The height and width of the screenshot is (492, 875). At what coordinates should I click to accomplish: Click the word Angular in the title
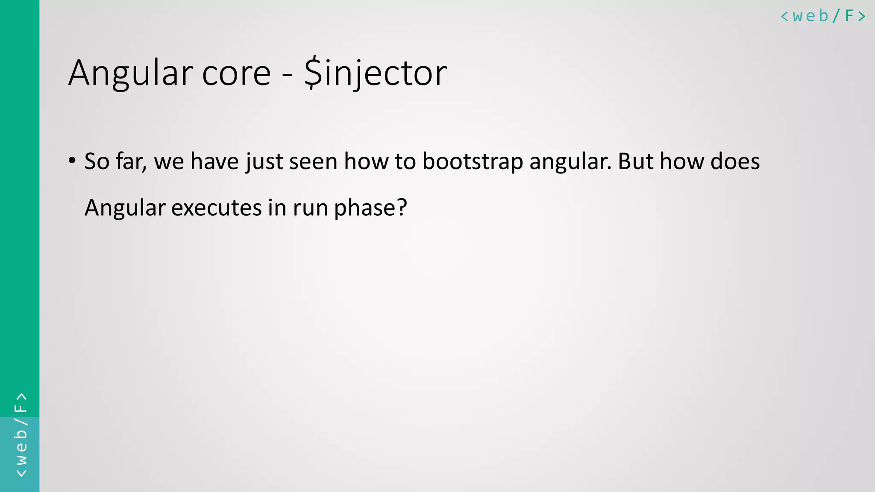click(131, 73)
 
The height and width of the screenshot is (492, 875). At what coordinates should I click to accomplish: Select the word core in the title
click(236, 73)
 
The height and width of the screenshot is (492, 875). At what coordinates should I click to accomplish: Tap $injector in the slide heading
click(376, 73)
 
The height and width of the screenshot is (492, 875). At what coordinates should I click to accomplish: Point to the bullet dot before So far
click(72, 161)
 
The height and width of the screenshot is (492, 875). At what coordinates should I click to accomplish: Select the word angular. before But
click(570, 162)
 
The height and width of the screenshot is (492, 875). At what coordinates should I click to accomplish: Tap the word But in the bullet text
click(635, 161)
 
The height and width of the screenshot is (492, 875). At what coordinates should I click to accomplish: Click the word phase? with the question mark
click(370, 208)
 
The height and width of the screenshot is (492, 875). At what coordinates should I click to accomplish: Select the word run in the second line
click(310, 208)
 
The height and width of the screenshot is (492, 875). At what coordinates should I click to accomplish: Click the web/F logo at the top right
click(823, 16)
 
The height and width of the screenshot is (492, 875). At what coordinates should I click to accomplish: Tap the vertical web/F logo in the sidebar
click(21, 435)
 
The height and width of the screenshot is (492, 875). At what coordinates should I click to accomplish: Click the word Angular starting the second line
click(125, 208)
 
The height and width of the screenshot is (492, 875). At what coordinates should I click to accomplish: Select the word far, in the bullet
click(131, 162)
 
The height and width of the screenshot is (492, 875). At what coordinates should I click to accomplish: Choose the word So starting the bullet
click(97, 161)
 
